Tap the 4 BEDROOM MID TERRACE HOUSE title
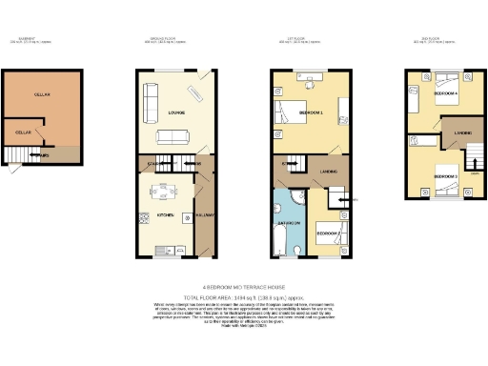tap(244, 285)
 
